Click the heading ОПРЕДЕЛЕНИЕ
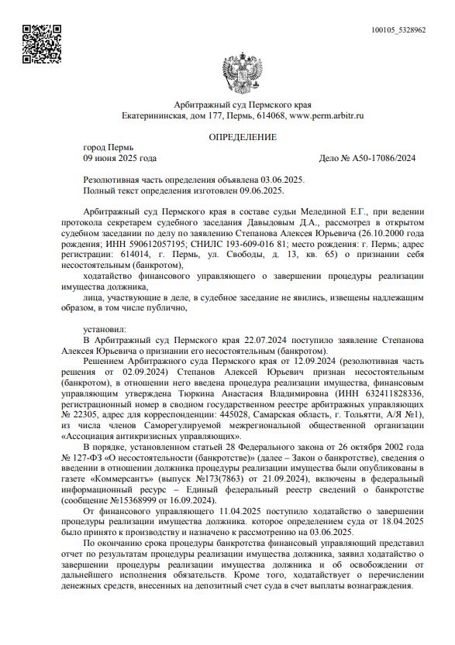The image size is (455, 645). pyautogui.click(x=243, y=137)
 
